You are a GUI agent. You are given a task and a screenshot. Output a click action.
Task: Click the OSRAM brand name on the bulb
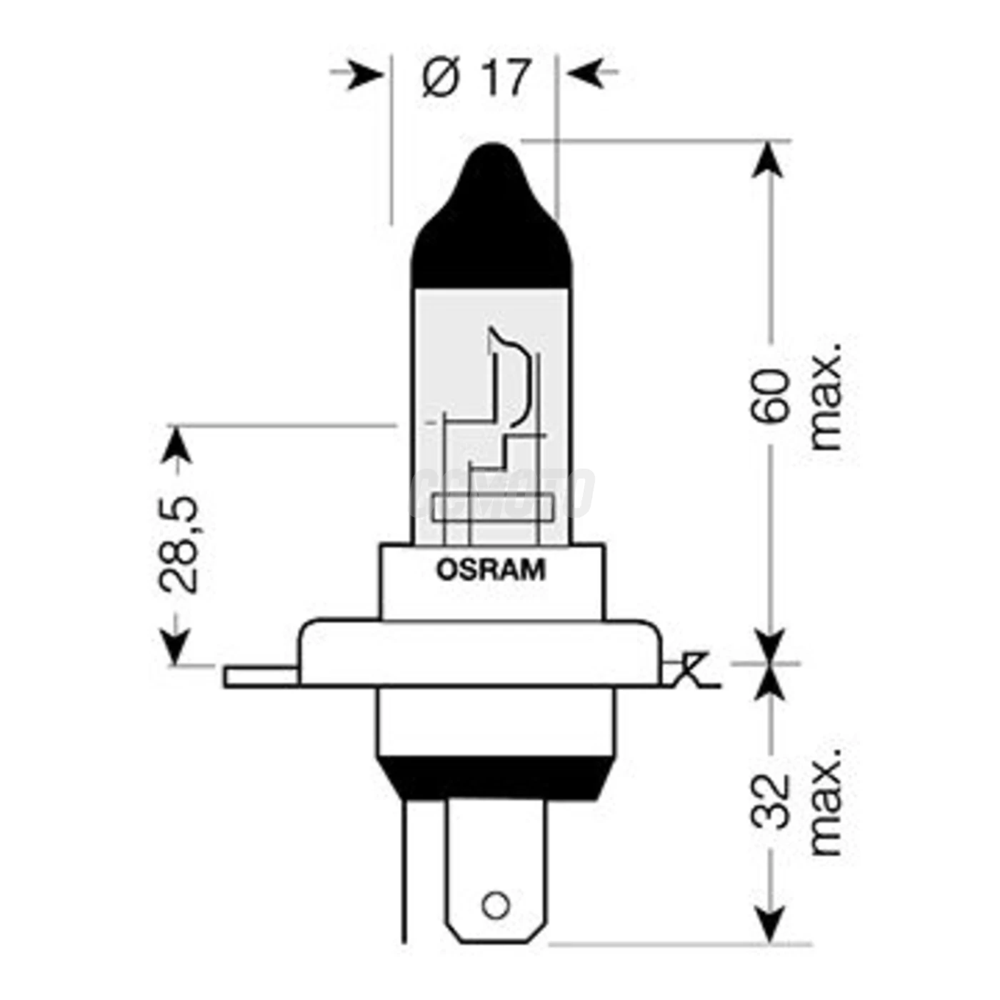(491, 570)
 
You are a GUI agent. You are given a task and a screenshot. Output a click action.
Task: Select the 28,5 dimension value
(177, 544)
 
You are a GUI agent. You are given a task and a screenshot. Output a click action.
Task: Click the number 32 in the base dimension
(771, 801)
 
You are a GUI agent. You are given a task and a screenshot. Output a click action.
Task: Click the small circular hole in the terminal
(495, 906)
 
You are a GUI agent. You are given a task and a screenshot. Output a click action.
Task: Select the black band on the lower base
(493, 779)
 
